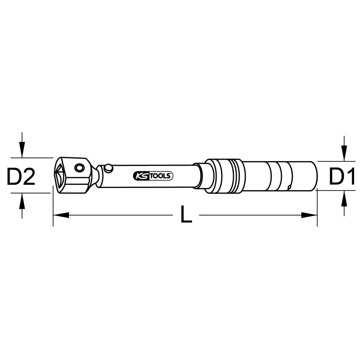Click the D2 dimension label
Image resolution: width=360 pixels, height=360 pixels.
pyautogui.click(x=21, y=176)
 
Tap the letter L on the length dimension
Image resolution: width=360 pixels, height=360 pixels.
pyautogui.click(x=186, y=214)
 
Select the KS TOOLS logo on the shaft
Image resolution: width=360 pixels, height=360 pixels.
pyautogui.click(x=153, y=176)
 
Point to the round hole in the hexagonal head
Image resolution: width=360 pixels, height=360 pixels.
pyautogui.click(x=79, y=168)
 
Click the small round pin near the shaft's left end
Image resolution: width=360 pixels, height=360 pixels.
pyautogui.click(x=108, y=168)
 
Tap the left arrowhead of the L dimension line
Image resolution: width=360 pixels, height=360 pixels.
pyautogui.click(x=61, y=215)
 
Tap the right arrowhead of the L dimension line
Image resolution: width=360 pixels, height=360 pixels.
pyautogui.click(x=309, y=215)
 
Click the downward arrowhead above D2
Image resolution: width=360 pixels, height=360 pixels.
pyautogui.click(x=22, y=150)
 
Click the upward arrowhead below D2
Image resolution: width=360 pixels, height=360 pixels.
pyautogui.click(x=22, y=201)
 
